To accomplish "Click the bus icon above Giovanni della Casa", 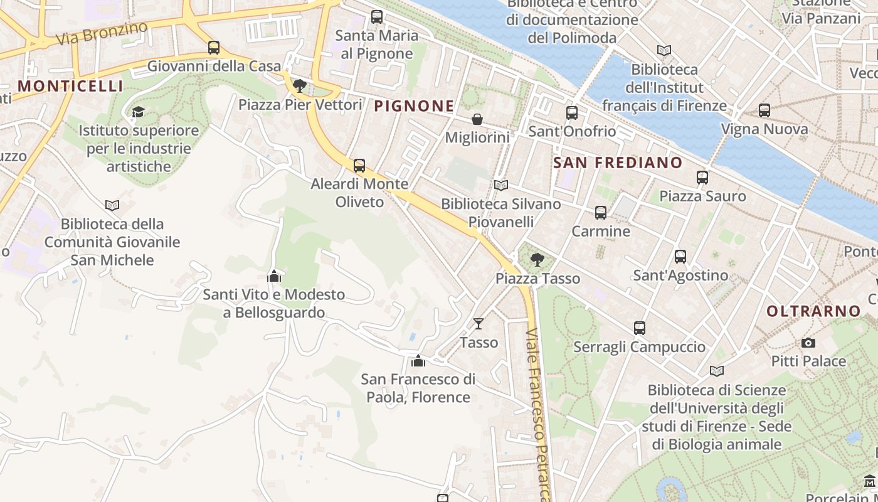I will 214,48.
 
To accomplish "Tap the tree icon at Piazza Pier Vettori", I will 300,86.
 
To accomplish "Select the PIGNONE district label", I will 414,106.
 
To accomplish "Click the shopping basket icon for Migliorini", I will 477,119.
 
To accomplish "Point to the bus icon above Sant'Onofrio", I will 572,113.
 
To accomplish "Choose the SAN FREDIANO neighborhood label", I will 618,163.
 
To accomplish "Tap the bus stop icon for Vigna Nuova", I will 764,110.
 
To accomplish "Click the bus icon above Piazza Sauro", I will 702,178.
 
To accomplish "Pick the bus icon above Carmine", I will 601,213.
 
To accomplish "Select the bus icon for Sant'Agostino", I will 680,257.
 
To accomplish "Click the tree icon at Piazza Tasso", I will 537,260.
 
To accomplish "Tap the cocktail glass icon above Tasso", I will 479,324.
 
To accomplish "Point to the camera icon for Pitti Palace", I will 808,343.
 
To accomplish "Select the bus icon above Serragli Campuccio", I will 640,328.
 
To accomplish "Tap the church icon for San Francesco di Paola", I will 418,361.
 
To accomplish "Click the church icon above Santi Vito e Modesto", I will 273,276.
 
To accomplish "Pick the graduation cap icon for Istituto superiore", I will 138,112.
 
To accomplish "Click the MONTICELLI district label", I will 70,86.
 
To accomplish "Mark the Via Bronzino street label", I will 101,33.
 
